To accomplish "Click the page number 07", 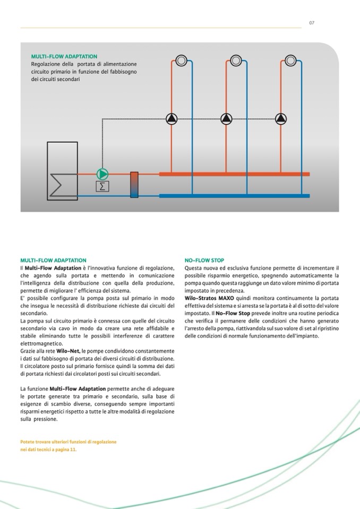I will [x=312, y=22].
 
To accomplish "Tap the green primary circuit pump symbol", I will [x=102, y=174].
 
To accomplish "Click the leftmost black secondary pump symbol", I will [x=172, y=118].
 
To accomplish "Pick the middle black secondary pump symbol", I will [x=227, y=118].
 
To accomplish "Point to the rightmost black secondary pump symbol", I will [x=281, y=118].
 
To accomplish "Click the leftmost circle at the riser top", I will [x=181, y=61].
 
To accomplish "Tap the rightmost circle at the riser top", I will [x=290, y=61].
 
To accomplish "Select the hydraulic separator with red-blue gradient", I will [x=134, y=185].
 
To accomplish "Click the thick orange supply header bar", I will [x=234, y=174].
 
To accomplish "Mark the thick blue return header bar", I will [x=234, y=195].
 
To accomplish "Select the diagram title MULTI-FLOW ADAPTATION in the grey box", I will [x=64, y=56].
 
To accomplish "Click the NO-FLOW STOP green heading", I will [x=204, y=261].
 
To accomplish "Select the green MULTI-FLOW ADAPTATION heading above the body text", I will [x=53, y=261].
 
